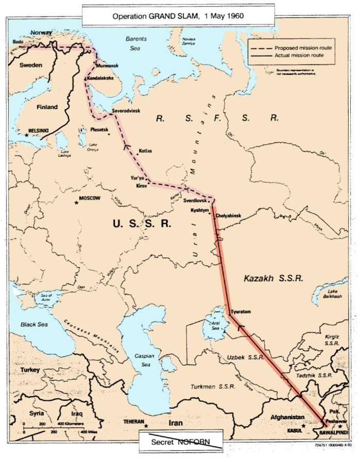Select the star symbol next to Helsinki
(26, 134)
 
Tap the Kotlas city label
(146, 151)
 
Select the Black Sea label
(33, 325)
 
